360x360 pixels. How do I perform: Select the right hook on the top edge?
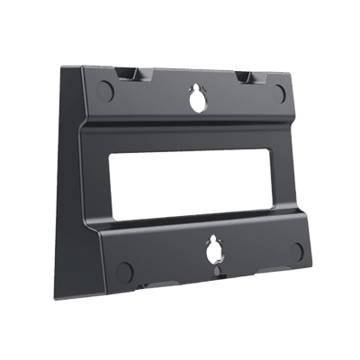click(247, 77)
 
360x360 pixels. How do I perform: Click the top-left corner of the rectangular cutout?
click(111, 155)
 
